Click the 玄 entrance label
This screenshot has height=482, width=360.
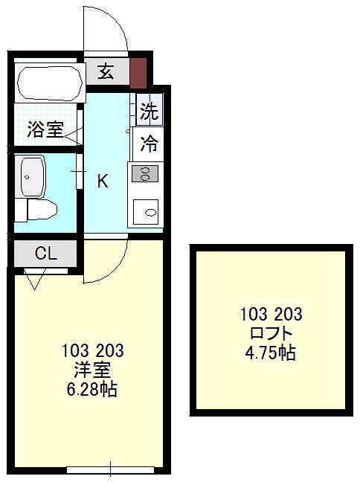106,71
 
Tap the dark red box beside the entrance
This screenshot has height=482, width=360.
138,71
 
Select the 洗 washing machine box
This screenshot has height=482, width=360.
150,112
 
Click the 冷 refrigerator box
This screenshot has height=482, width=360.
150,144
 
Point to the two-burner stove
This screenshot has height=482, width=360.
145,174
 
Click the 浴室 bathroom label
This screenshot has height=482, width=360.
45,129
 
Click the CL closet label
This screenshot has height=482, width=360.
45,253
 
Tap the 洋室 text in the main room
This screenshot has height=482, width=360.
93,370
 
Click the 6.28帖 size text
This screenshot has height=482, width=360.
93,389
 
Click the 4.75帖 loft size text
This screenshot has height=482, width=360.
271,353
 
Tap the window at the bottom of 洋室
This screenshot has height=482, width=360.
110,469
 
